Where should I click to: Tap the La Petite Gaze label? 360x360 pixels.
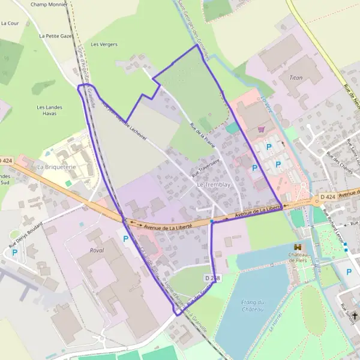(x=55, y=36)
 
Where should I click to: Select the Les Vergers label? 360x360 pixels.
(x=104, y=44)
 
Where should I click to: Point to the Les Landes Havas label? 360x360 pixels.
(x=49, y=110)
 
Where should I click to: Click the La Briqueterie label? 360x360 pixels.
(x=56, y=166)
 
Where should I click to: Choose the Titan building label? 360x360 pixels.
(x=296, y=78)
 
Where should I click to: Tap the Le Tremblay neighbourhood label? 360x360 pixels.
(x=214, y=185)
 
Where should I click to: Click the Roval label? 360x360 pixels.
(x=96, y=250)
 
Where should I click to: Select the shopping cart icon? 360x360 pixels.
(x=261, y=129)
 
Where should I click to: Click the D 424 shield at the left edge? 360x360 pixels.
(x=5, y=160)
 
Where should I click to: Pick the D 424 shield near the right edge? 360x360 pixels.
(x=327, y=197)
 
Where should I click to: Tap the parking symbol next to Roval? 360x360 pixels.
(x=125, y=239)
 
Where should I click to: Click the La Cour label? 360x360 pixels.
(x=10, y=23)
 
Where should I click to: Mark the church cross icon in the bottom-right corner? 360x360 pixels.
(x=355, y=316)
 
